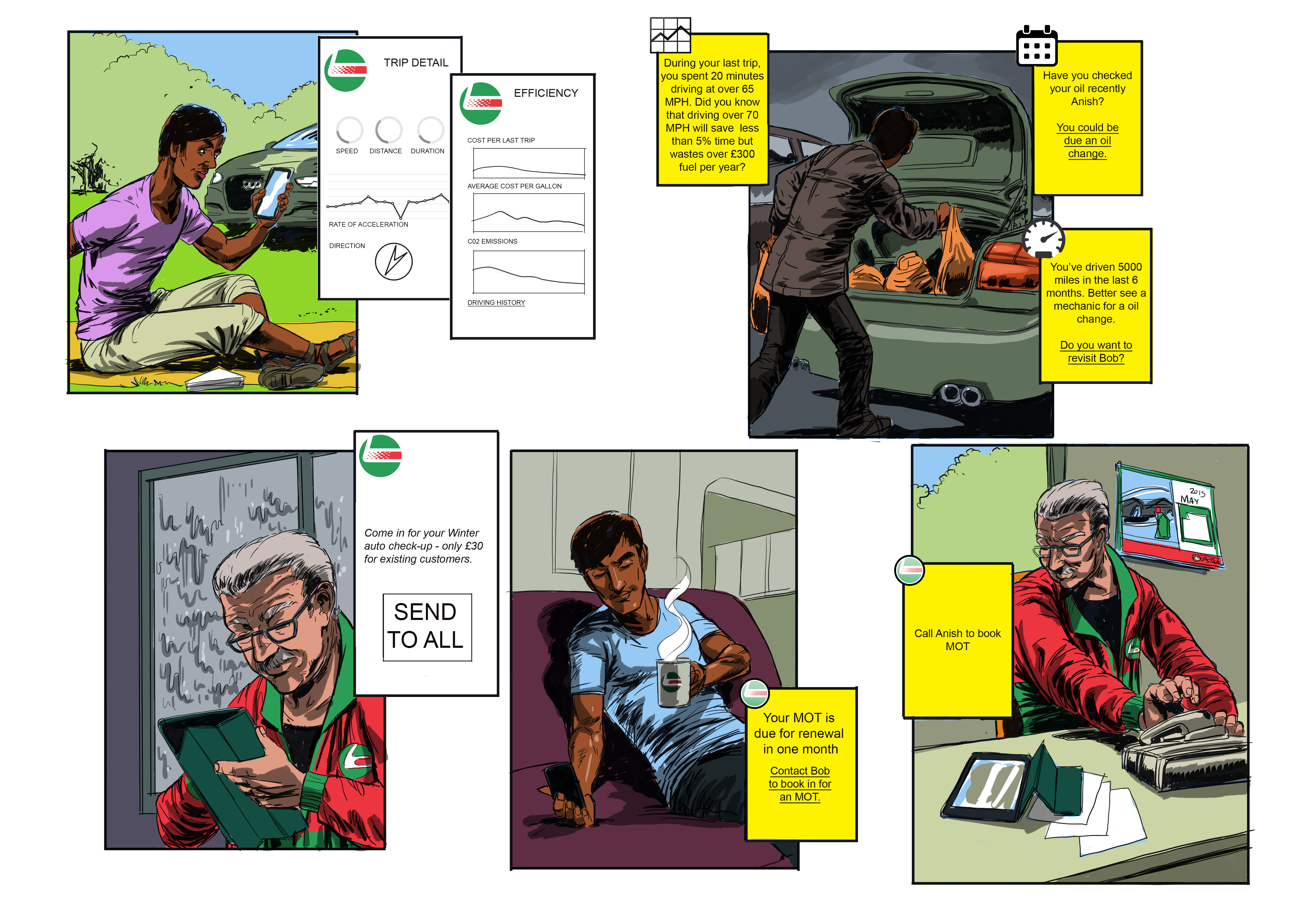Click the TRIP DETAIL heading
(x=416, y=62)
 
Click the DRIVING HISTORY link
(x=496, y=302)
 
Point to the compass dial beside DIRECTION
(x=393, y=261)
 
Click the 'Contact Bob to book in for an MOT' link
(x=800, y=784)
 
